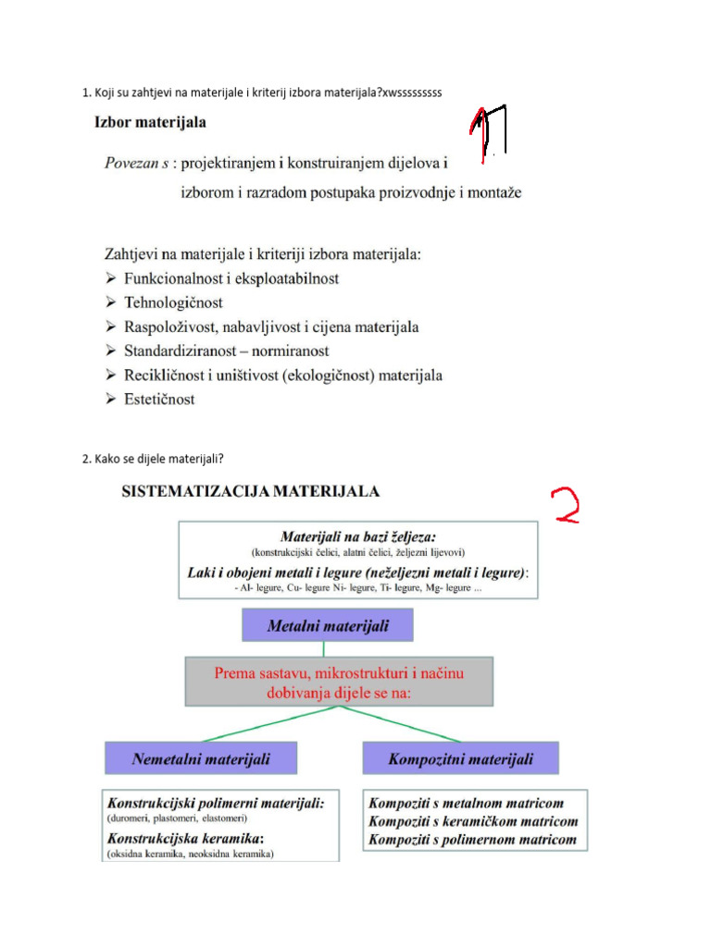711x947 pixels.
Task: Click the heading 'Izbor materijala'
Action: click(150, 122)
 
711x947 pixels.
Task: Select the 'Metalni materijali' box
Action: click(328, 626)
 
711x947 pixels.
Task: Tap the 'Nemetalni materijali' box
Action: click(201, 759)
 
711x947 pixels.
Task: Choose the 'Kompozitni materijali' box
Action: click(461, 759)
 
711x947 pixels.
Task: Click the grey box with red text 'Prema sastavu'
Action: click(339, 683)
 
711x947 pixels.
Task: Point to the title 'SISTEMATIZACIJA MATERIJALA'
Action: click(250, 492)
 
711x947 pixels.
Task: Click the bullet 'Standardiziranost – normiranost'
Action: click(226, 351)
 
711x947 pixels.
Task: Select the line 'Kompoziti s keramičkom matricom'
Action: click(473, 821)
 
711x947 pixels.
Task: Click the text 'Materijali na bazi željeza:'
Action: click(358, 536)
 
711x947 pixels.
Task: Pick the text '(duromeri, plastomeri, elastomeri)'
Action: click(178, 818)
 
